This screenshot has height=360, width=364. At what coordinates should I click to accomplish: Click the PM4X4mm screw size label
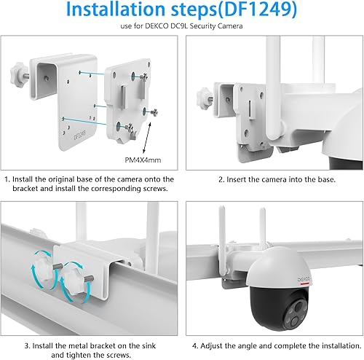coord(143,160)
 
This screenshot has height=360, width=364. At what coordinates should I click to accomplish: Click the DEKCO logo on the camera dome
coord(304,279)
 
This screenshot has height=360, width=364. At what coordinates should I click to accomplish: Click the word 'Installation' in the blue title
coord(115,9)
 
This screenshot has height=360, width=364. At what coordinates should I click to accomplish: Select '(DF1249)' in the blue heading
coord(257,9)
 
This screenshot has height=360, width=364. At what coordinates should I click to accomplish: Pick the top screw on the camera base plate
coord(145,77)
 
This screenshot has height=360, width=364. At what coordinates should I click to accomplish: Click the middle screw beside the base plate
coord(154,112)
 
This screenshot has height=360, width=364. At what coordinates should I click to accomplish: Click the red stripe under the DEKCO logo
coord(305,283)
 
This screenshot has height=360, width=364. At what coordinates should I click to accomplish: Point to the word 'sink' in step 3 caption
coord(149,345)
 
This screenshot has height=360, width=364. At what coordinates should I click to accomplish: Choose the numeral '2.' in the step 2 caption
coord(221,179)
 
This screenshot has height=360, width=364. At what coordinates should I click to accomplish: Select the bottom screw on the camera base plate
coord(131,127)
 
